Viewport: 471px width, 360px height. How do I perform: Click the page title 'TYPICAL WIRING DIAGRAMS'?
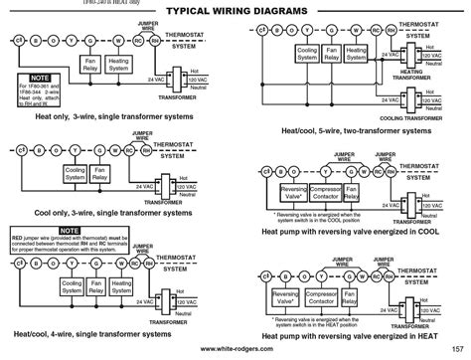pos(235,8)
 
